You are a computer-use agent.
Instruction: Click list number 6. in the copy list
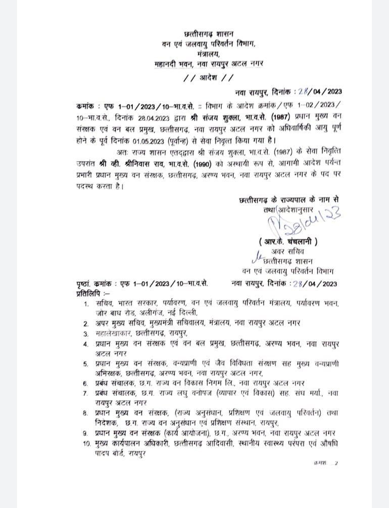(86, 383)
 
